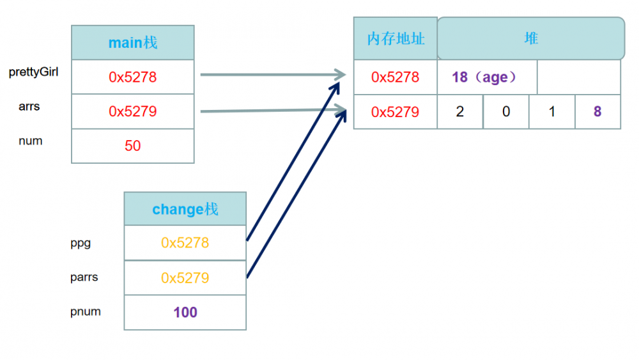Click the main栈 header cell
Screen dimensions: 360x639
tap(133, 43)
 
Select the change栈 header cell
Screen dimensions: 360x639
tap(185, 209)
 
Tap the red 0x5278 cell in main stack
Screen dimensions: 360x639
tap(133, 77)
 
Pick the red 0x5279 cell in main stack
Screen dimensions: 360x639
tap(133, 112)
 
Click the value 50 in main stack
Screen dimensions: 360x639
tap(133, 146)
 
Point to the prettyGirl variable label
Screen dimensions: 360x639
tap(34, 72)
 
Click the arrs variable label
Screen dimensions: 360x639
tap(29, 106)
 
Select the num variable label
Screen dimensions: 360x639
tap(31, 141)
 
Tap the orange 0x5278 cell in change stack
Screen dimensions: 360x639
tap(185, 243)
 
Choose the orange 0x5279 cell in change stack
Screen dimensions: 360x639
tap(185, 278)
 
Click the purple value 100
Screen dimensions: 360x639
tap(185, 313)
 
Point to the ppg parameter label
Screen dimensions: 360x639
tap(81, 243)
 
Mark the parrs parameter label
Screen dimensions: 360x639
tap(84, 278)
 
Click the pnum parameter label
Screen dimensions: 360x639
tap(86, 312)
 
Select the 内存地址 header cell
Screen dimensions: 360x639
tap(396, 38)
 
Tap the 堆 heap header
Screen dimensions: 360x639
tap(531, 38)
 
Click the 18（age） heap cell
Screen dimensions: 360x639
tap(487, 77)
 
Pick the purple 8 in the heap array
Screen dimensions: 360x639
tap(597, 112)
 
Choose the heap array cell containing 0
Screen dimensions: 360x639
tap(506, 112)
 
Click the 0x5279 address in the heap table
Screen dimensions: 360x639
tap(396, 112)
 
